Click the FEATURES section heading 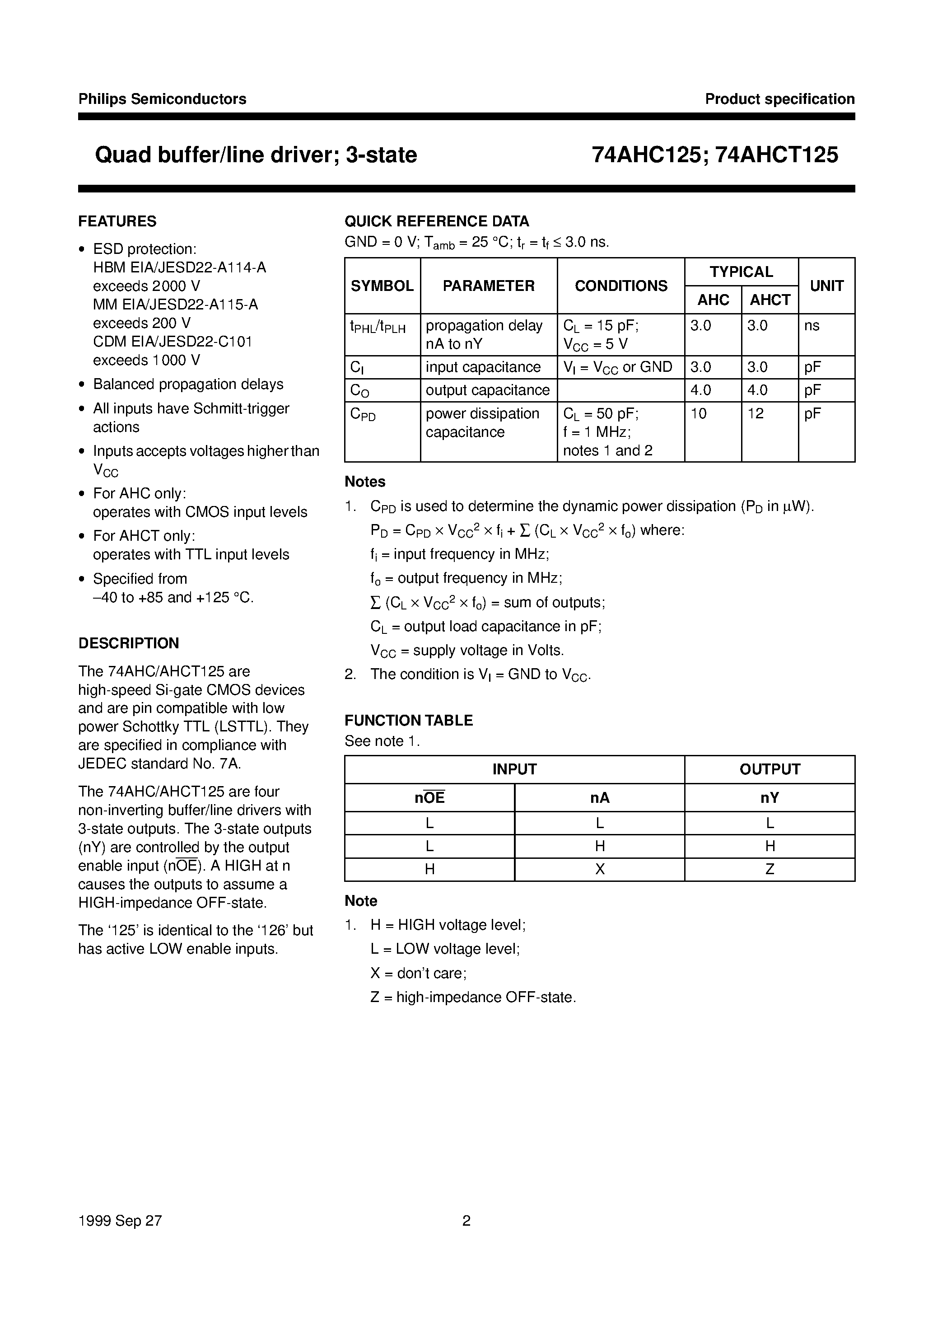tap(117, 221)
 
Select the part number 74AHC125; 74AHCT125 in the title tap(715, 155)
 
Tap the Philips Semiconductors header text tap(162, 99)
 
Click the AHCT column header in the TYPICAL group tap(770, 300)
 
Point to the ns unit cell tap(812, 326)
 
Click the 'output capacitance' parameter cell tap(487, 390)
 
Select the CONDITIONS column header tap(620, 286)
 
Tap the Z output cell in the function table tap(770, 869)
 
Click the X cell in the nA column tap(599, 869)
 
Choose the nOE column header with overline tap(429, 798)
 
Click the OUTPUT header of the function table tap(770, 769)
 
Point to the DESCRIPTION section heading tap(128, 643)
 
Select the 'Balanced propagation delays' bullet tap(188, 384)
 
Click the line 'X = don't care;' tap(418, 974)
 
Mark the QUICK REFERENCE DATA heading tap(437, 221)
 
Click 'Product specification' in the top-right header tap(779, 99)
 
